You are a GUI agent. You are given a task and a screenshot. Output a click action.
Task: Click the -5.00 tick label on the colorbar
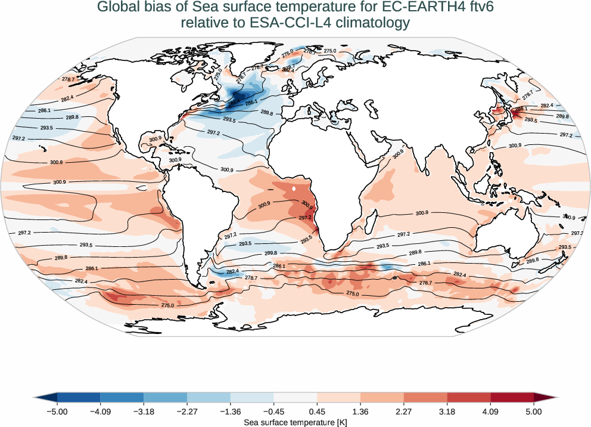(x=57, y=411)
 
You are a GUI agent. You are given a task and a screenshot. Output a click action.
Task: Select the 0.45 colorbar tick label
(x=317, y=411)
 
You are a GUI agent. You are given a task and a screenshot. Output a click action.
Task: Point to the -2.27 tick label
(x=187, y=411)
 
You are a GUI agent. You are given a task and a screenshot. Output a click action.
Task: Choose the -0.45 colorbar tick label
(x=273, y=411)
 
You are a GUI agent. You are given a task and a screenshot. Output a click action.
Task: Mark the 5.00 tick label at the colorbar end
(x=534, y=411)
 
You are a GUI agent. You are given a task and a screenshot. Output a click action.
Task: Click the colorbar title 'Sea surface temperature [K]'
(x=295, y=422)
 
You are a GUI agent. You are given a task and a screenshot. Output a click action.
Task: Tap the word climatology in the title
(x=368, y=23)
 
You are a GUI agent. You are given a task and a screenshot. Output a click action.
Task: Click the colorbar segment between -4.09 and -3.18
(x=122, y=398)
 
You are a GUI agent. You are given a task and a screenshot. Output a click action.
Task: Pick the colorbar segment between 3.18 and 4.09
(x=469, y=398)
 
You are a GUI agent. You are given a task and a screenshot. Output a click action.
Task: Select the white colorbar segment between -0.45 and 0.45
(x=295, y=398)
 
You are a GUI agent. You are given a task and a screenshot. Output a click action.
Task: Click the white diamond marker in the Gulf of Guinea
(x=295, y=190)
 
